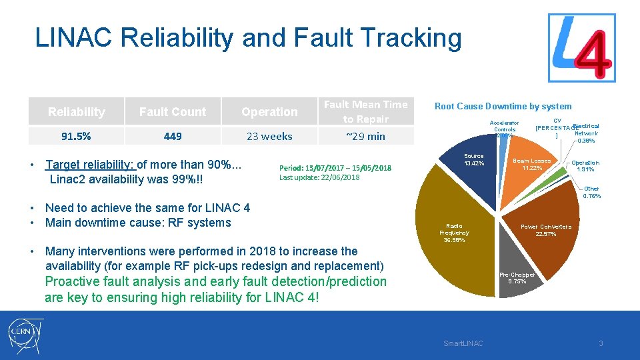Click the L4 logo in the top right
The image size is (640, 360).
pos(581,48)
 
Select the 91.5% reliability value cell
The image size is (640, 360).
pos(76,136)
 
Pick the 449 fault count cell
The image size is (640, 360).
pos(173,136)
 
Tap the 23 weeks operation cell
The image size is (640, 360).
pos(269,136)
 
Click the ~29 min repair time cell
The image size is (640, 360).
pos(365,136)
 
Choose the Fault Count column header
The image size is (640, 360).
pos(173,112)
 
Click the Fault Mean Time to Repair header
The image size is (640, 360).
pos(365,111)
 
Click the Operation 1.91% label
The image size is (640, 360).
pos(585,166)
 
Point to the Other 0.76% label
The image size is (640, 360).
pos(591,193)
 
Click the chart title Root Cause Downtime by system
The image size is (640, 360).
pos(503,106)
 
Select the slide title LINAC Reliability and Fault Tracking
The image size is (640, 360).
pos(248,38)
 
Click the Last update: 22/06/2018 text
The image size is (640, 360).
pos(319,177)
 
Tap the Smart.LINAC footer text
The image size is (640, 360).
pos(463,343)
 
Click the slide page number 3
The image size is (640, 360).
pos(600,343)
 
